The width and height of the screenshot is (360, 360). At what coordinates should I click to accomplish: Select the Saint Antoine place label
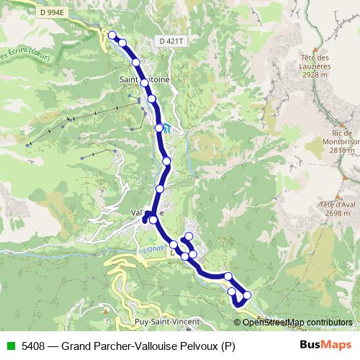point(144,81)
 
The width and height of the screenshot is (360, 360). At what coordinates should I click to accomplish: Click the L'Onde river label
point(153,250)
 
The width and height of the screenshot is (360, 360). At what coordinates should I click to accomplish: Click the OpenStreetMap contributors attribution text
point(297,322)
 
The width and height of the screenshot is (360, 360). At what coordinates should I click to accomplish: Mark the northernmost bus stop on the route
point(112,35)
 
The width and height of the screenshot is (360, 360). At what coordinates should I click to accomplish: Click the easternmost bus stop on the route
point(247,295)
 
